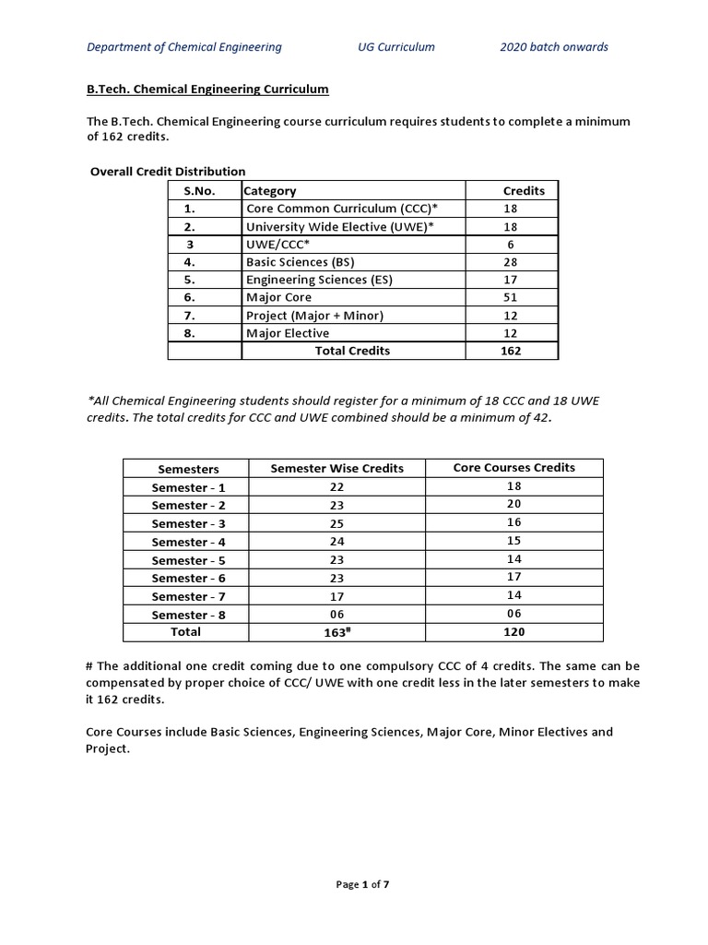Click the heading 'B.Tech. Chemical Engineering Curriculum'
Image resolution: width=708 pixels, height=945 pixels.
point(201,90)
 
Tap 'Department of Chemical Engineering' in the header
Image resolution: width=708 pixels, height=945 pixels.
point(184,47)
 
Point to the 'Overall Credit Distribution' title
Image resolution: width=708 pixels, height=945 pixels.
point(168,172)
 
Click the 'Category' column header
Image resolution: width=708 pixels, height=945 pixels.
point(271,191)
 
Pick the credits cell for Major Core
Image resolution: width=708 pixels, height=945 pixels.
point(511,297)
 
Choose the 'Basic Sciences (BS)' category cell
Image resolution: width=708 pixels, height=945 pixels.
point(300,262)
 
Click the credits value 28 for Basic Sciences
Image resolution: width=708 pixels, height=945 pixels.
point(511,262)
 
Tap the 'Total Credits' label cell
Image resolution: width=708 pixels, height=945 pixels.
point(352,351)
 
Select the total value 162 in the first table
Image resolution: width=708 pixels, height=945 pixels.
point(511,351)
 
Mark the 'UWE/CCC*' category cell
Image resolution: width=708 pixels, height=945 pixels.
point(277,245)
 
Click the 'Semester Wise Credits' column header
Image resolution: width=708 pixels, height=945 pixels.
point(336,469)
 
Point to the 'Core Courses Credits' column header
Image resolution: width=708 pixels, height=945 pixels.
point(513,468)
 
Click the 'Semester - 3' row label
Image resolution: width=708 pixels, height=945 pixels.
point(188,524)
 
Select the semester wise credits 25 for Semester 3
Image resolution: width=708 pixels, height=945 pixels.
point(336,524)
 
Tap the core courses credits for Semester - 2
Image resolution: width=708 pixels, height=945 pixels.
point(513,504)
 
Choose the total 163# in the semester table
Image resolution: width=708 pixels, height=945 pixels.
point(336,633)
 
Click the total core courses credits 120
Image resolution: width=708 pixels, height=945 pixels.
point(513,632)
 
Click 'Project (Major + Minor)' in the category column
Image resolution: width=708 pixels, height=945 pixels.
point(314,316)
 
